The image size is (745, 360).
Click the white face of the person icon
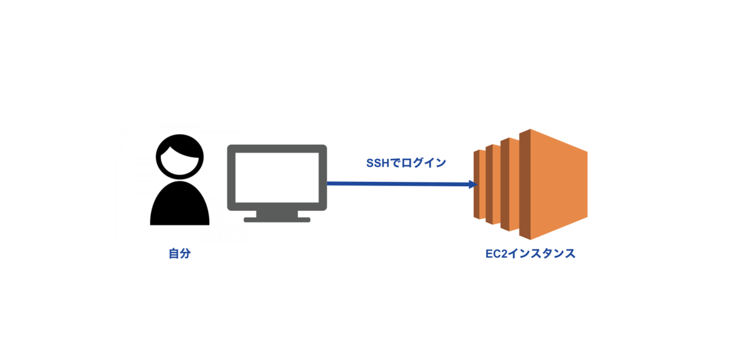click(180, 163)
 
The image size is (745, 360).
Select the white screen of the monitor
click(277, 178)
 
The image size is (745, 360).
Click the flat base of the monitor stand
click(277, 219)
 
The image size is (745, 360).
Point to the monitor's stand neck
click(277, 213)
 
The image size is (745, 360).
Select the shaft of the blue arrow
click(397, 184)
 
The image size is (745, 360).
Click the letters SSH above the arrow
click(377, 163)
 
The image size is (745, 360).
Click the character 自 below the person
click(174, 254)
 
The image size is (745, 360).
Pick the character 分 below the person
click(184, 254)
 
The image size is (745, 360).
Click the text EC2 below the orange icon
click(496, 254)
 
